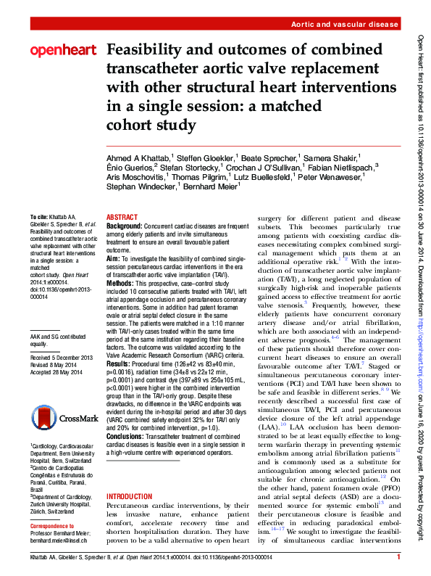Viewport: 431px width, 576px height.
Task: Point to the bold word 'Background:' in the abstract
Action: click(125, 226)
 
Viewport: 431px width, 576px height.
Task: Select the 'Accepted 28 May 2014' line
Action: click(59, 372)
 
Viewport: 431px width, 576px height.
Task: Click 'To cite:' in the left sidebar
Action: click(40, 218)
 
